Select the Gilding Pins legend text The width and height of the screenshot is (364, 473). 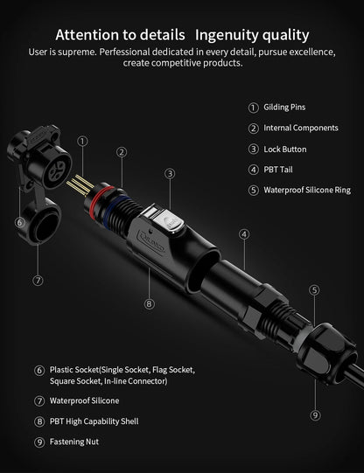point(284,108)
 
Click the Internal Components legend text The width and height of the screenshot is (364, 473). point(300,128)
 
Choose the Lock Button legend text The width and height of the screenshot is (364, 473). point(284,149)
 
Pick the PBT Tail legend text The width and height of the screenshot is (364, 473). point(277,169)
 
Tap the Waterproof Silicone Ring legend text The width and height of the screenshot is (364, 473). point(306,190)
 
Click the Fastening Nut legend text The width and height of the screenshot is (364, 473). point(74,442)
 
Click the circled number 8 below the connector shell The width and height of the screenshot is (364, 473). point(150,304)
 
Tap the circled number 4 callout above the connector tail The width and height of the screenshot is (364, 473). point(244,233)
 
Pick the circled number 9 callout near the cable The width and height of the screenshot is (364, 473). point(315,414)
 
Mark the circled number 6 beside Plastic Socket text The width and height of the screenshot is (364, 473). point(39,371)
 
